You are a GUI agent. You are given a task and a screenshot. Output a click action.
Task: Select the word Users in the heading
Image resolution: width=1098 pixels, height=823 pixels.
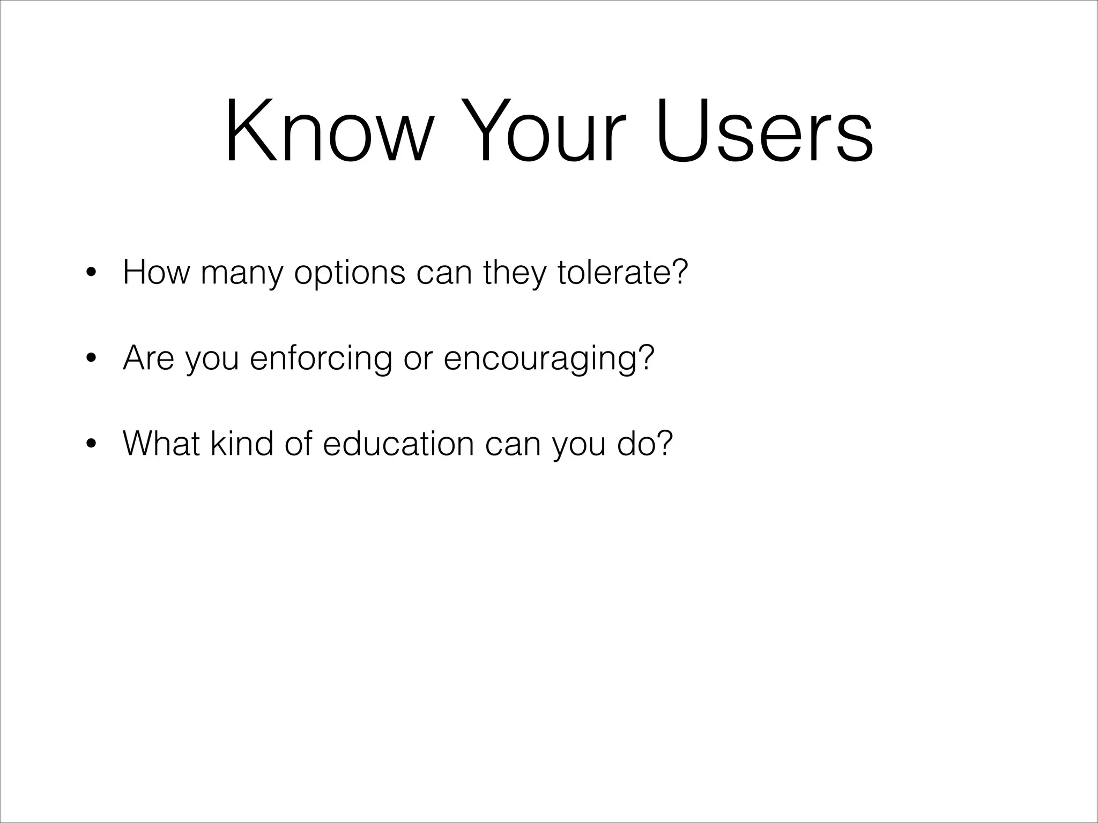click(765, 131)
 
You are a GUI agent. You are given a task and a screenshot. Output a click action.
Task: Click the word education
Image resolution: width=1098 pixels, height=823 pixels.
click(398, 444)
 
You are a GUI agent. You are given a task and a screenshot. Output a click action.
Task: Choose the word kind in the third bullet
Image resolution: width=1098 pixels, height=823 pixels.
click(241, 444)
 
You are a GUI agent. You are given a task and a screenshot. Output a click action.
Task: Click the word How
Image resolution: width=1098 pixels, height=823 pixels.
click(156, 272)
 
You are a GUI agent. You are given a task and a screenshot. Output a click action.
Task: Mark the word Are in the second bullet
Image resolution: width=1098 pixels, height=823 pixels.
click(149, 358)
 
